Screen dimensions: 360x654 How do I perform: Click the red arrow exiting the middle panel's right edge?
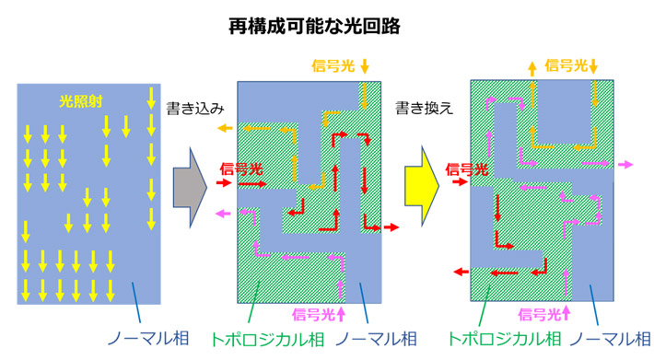[391, 226]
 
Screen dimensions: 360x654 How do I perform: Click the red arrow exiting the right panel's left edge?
[461, 273]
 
